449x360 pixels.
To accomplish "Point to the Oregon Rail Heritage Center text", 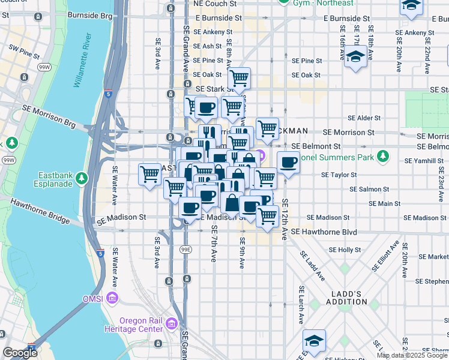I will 141,325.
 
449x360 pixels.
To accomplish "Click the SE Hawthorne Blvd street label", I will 324,232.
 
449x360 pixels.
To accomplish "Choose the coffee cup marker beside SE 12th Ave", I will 288,162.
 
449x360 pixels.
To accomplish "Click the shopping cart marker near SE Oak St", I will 239,77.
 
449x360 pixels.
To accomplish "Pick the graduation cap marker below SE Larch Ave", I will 314,340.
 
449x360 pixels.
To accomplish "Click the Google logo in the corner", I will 20,353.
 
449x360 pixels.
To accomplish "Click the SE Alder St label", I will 361,118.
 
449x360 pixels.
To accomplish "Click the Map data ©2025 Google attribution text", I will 412,355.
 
